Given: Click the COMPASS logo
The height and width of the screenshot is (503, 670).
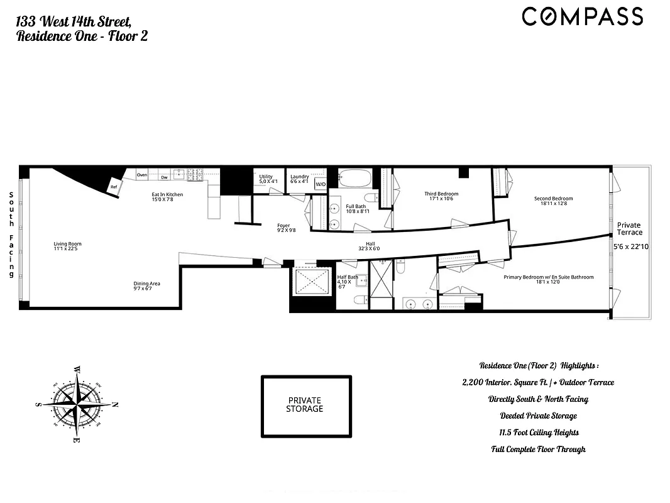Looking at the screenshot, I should click(582, 16).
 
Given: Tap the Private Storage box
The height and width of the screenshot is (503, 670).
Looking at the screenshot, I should click(305, 405).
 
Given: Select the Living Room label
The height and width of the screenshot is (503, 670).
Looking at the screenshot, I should click(67, 244).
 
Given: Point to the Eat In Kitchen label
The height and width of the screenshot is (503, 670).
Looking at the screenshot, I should click(167, 194).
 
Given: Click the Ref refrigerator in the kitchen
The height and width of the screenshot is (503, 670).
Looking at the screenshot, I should click(114, 187).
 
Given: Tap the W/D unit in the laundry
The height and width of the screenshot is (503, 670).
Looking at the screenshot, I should click(321, 184).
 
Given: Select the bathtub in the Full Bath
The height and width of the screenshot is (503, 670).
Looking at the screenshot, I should click(356, 179).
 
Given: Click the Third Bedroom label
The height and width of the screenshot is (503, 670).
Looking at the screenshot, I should click(441, 194).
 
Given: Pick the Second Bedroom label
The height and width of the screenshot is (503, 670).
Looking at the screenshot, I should click(553, 199).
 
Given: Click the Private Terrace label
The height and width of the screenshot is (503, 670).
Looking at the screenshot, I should click(629, 228).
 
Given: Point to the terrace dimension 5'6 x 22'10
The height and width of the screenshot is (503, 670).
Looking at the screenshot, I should click(630, 247).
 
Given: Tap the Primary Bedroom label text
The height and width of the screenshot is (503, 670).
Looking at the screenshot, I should click(548, 277).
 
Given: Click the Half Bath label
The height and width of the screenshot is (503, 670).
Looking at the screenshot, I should click(348, 277).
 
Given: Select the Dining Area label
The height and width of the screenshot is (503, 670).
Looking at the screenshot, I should click(146, 284).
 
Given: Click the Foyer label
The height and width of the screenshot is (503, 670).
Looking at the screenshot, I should click(283, 225).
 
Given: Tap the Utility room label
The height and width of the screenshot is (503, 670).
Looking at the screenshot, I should click(266, 177).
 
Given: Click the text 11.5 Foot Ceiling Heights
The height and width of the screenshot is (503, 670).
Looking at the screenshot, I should click(538, 433).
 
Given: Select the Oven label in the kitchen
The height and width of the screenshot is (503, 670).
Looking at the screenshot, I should click(142, 174).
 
